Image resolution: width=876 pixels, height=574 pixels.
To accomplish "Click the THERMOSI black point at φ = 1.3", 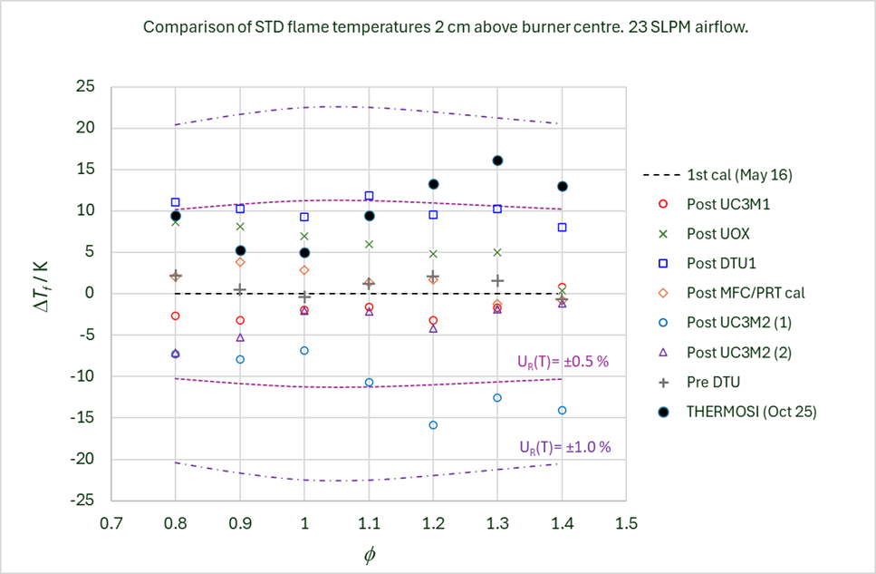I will [497, 161].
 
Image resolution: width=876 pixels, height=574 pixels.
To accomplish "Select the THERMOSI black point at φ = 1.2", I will [433, 184].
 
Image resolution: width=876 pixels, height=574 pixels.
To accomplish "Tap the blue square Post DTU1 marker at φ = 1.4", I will [562, 228].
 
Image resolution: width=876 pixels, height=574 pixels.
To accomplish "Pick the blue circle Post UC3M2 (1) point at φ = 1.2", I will [433, 424].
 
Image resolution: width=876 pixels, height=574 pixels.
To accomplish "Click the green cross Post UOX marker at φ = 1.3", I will [497, 252].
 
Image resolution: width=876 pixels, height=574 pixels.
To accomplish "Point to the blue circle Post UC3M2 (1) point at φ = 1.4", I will [562, 410].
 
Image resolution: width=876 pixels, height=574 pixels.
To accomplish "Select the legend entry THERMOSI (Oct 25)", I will [751, 412].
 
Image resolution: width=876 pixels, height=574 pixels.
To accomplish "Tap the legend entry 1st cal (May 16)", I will [735, 174].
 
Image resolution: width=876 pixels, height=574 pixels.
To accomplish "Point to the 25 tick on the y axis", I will [86, 87].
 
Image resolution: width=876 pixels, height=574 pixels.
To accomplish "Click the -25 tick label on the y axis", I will [84, 500].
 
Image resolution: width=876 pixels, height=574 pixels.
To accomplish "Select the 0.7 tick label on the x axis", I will [111, 523].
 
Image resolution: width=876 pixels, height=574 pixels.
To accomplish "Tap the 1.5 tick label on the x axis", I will [626, 523].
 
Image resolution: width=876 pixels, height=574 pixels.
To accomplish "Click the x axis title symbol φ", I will [369, 556].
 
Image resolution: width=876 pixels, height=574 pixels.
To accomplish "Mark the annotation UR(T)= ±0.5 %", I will [556, 361].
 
